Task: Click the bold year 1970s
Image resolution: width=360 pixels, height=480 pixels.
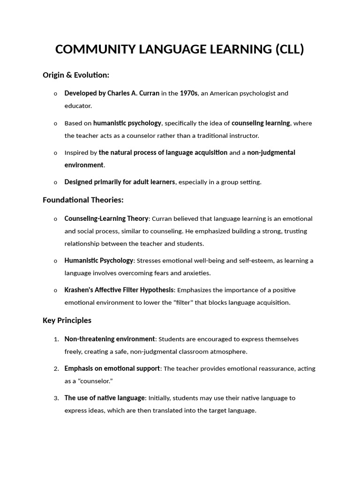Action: click(189, 93)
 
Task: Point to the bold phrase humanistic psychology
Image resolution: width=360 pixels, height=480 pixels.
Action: click(127, 123)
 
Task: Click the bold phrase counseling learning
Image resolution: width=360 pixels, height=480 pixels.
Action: click(261, 123)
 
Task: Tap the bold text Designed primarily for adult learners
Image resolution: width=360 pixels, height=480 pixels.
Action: click(120, 182)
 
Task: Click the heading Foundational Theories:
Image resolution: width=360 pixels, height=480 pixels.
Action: click(83, 200)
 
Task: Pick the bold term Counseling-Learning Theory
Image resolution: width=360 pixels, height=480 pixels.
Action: click(106, 219)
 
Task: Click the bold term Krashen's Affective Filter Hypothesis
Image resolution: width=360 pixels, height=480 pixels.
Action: click(119, 290)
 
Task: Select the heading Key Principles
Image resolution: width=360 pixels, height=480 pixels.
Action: click(67, 321)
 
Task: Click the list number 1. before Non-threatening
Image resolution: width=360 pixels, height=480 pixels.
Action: click(56, 339)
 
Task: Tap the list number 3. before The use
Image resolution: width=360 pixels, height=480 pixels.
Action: click(56, 398)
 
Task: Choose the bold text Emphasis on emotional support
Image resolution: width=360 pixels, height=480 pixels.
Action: click(112, 369)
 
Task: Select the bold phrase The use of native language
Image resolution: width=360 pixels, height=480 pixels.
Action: click(105, 398)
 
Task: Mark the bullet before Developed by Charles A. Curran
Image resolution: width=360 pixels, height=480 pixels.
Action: click(55, 94)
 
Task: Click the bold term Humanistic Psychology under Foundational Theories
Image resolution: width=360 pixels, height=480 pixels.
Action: click(98, 261)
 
